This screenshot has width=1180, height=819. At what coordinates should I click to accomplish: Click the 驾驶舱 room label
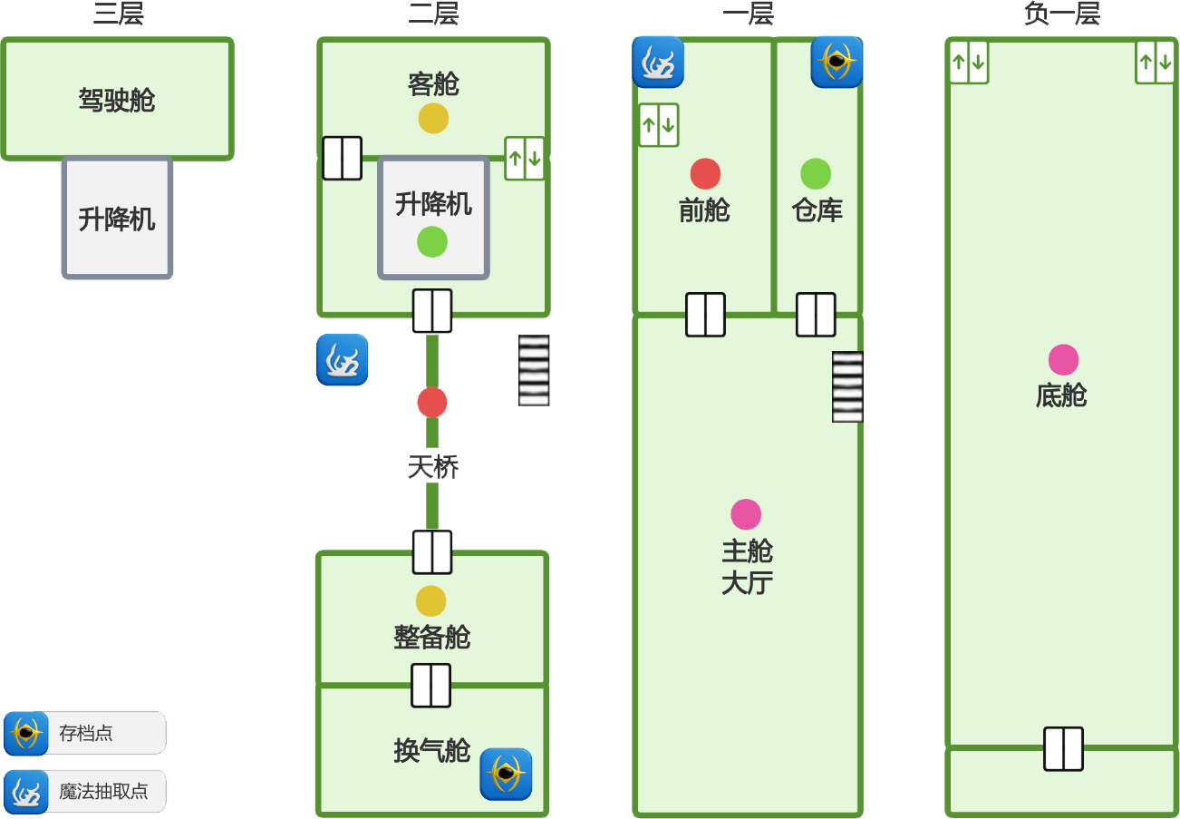coord(117,100)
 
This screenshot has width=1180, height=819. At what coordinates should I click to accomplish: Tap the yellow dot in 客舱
coord(433,118)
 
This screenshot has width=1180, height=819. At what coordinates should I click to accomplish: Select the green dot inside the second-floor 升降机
coord(432,242)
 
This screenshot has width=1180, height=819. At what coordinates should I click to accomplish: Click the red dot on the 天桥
coord(432,402)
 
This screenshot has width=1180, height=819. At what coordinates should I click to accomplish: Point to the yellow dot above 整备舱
coord(431,600)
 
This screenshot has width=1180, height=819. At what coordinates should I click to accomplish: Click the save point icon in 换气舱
coord(506,774)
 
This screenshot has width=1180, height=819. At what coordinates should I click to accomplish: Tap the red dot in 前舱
coord(705,173)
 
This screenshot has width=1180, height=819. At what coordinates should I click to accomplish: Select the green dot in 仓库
coord(816,173)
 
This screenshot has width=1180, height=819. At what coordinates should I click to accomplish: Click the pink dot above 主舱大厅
coord(746,514)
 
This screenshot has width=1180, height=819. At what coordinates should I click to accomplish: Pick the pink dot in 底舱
coord(1063,360)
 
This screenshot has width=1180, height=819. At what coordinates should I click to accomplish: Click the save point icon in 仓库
coord(837,62)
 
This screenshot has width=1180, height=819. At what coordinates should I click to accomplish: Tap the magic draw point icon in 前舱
coord(658,62)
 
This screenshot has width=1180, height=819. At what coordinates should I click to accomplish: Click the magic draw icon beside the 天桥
coord(343,359)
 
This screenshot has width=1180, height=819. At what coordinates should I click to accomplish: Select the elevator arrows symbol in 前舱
coord(659,125)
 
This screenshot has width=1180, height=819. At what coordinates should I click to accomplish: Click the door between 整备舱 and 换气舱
coord(430,685)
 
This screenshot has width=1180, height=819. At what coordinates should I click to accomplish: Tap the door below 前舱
coord(705,315)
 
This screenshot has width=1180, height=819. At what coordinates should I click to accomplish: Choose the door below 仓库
coord(816,315)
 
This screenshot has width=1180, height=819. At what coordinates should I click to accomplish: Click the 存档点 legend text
coord(86,733)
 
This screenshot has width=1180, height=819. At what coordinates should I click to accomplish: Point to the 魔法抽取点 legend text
coord(103,791)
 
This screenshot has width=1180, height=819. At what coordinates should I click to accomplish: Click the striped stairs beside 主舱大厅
coord(847,386)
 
